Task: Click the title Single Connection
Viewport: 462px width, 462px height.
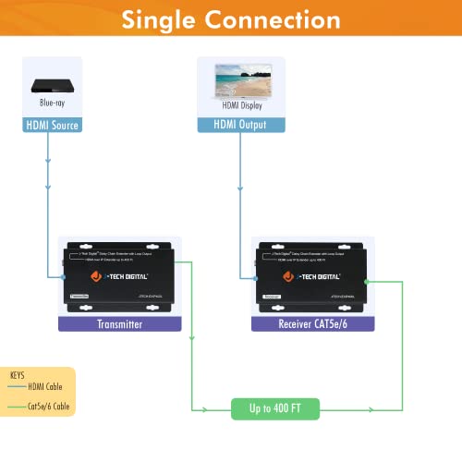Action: pyautogui.click(x=231, y=20)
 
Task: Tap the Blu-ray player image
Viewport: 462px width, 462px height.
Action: pyautogui.click(x=52, y=85)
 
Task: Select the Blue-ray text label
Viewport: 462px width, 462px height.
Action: pyautogui.click(x=52, y=106)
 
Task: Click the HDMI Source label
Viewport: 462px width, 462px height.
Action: pyautogui.click(x=52, y=125)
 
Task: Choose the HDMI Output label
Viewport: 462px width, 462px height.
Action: pyautogui.click(x=239, y=125)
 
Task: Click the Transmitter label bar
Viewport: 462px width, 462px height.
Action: pyautogui.click(x=117, y=324)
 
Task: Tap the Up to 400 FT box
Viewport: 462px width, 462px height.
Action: pyautogui.click(x=275, y=407)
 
